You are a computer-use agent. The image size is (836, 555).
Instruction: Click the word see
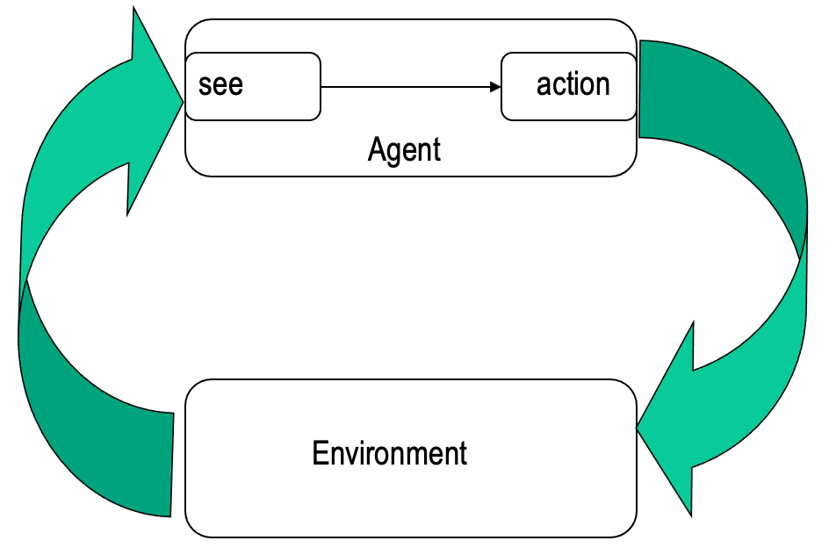(x=220, y=85)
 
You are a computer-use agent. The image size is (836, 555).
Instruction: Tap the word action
(x=573, y=84)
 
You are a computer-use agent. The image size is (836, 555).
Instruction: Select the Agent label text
(x=404, y=149)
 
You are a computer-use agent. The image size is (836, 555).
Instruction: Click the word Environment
(x=389, y=454)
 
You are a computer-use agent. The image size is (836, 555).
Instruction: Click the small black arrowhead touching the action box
(x=496, y=87)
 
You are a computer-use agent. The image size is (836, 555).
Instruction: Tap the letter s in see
(x=205, y=86)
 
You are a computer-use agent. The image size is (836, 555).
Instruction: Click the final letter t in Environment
(x=462, y=454)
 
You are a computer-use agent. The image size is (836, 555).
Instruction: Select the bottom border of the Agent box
(x=410, y=176)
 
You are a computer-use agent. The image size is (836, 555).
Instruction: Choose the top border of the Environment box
(x=410, y=379)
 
